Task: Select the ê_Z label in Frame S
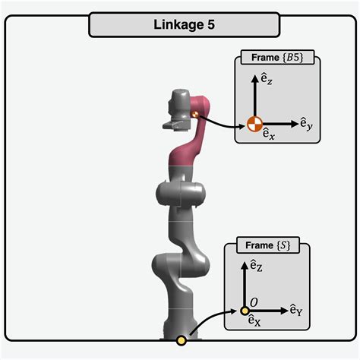tap(256, 266)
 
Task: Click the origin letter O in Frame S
tap(254, 302)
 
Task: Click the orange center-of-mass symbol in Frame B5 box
tap(253, 122)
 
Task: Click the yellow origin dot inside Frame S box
tap(245, 310)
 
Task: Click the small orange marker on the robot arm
tap(194, 114)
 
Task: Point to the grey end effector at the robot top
tap(178, 110)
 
